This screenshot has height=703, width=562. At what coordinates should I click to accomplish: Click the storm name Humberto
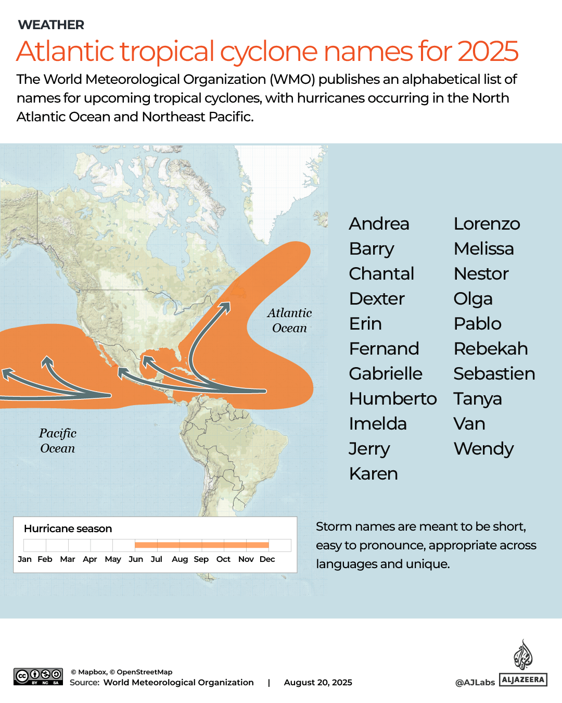coord(393,399)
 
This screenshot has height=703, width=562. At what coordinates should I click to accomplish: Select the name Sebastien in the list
coord(494,374)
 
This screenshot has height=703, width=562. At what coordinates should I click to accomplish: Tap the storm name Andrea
coord(379,224)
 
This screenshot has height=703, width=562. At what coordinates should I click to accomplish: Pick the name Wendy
coord(483,449)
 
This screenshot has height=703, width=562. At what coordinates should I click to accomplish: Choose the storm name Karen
coord(373,474)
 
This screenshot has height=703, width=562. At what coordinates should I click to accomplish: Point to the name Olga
coord(472,299)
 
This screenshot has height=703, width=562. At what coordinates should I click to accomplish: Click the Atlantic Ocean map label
coord(289,320)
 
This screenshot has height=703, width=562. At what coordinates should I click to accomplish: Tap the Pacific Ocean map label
coord(58,441)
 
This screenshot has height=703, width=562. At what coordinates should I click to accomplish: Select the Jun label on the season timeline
coord(136,559)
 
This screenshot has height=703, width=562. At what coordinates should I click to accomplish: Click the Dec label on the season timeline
coord(267,559)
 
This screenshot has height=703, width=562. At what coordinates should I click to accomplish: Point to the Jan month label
coord(24,559)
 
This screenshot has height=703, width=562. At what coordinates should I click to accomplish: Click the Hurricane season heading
coord(68,529)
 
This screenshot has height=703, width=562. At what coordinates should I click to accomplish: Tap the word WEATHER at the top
coord(51,25)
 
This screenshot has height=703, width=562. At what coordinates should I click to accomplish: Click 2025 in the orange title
coord(488,51)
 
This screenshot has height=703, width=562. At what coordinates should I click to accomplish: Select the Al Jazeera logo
coord(523,664)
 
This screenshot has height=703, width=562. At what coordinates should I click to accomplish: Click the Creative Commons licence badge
coord(38,676)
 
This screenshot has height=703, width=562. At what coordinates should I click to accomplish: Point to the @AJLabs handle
coord(475,682)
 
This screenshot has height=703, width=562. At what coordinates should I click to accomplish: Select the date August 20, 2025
coord(318,682)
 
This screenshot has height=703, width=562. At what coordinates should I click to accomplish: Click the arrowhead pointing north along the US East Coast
coord(225,306)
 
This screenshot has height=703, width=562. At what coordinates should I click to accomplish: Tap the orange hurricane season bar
coord(201,545)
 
